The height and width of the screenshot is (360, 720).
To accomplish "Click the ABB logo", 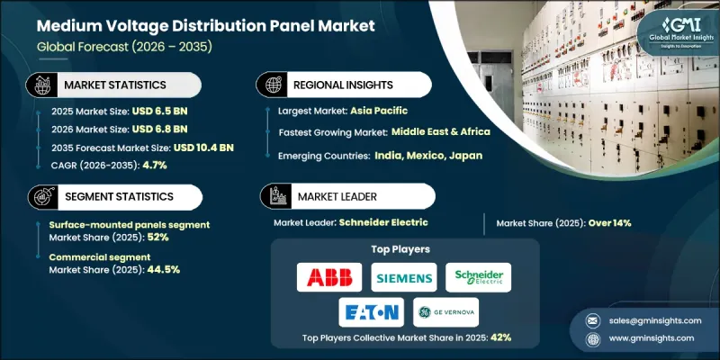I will click(328, 276).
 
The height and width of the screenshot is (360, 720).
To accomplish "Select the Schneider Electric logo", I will click(478, 276).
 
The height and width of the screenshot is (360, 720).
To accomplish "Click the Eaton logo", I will click(372, 312).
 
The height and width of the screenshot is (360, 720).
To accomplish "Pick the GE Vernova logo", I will click(445, 311).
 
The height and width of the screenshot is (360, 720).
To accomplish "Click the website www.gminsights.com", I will click(651, 337).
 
